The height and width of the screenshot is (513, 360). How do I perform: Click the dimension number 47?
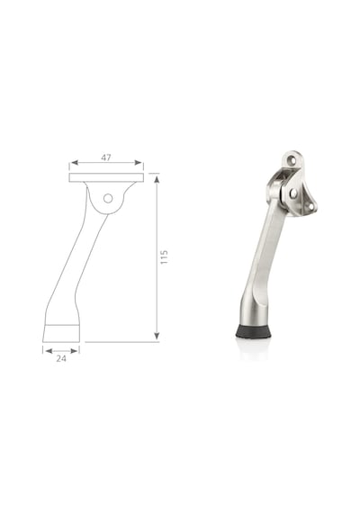tap(105, 157)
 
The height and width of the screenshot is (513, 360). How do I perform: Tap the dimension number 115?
tap(164, 257)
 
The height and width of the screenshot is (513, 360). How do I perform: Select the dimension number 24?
tap(61, 358)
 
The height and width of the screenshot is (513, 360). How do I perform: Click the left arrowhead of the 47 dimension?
tap(75, 163)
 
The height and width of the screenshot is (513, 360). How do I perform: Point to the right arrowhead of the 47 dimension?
tap(138, 163)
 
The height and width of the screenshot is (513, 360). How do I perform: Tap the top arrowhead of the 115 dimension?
tap(157, 179)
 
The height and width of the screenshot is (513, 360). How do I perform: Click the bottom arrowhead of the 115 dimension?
tap(157, 336)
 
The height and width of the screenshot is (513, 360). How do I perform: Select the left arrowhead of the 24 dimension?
tap(49, 351)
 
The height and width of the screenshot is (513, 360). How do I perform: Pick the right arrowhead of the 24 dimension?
tap(75, 351)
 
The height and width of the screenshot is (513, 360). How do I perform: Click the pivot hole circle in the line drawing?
tap(108, 198)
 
